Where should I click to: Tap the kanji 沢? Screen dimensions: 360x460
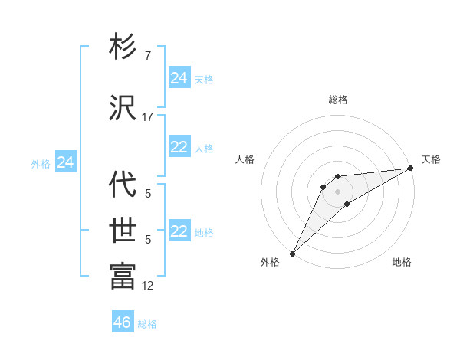(x=123, y=107)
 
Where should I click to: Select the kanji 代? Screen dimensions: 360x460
(x=123, y=184)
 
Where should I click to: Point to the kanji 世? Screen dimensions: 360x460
(x=123, y=230)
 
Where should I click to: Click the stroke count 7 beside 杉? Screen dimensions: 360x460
(x=147, y=56)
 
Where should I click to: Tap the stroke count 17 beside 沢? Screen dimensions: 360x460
(x=148, y=117)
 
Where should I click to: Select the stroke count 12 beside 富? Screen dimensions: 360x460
(x=148, y=286)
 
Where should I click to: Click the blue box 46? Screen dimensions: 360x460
(x=122, y=322)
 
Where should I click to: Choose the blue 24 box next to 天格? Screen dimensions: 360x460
(x=179, y=78)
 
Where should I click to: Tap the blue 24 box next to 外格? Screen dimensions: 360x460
(x=65, y=162)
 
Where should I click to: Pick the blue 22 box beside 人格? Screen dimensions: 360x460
(x=179, y=148)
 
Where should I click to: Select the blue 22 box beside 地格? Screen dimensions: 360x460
(x=179, y=232)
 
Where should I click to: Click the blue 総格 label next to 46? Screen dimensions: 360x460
(x=147, y=324)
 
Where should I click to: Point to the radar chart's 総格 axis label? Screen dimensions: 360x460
(x=337, y=100)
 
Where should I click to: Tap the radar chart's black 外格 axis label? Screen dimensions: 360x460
(x=270, y=263)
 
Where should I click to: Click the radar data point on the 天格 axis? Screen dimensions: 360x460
(x=411, y=169)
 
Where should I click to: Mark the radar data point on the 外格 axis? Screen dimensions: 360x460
(x=292, y=253)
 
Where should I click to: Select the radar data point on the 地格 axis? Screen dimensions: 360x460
(x=347, y=204)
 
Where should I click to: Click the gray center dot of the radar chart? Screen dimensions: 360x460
(x=337, y=191)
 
